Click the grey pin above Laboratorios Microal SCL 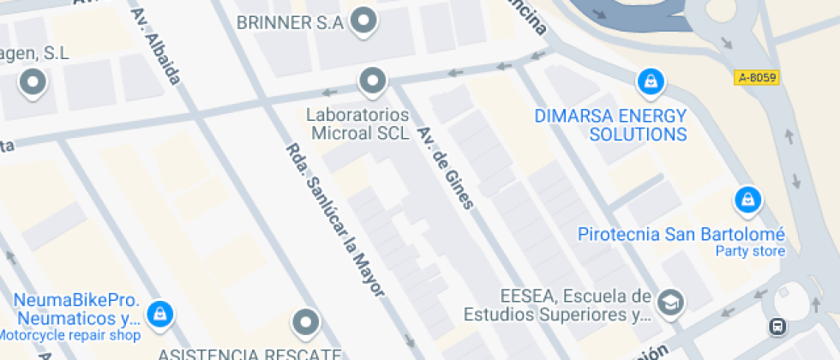point(373,81)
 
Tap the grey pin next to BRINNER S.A point(365,21)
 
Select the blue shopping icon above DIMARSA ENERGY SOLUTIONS point(651,82)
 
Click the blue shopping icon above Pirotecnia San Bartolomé point(748,200)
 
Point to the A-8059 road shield point(757,78)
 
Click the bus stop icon point(777,326)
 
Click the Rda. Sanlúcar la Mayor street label point(334,220)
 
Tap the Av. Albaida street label point(156,47)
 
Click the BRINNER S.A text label point(291,22)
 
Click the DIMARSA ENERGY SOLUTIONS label point(610,125)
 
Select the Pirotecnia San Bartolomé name point(681,234)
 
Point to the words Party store point(750,251)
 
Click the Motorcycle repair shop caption point(70,335)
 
